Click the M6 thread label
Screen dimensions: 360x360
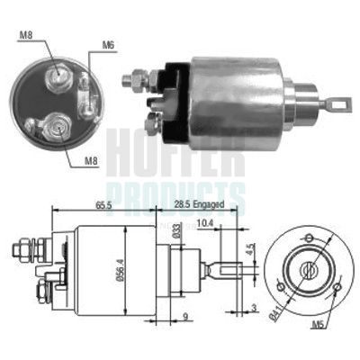(x=108, y=44)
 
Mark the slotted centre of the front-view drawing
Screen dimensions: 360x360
(x=309, y=268)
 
